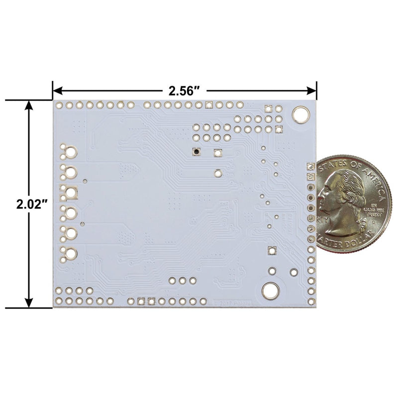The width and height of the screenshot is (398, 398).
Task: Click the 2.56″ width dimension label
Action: tap(184, 91)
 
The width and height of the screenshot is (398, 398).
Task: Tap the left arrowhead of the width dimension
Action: tap(56, 91)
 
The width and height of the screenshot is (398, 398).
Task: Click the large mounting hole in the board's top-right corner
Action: tap(300, 114)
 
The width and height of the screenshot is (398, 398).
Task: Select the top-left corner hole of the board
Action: tap(59, 105)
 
